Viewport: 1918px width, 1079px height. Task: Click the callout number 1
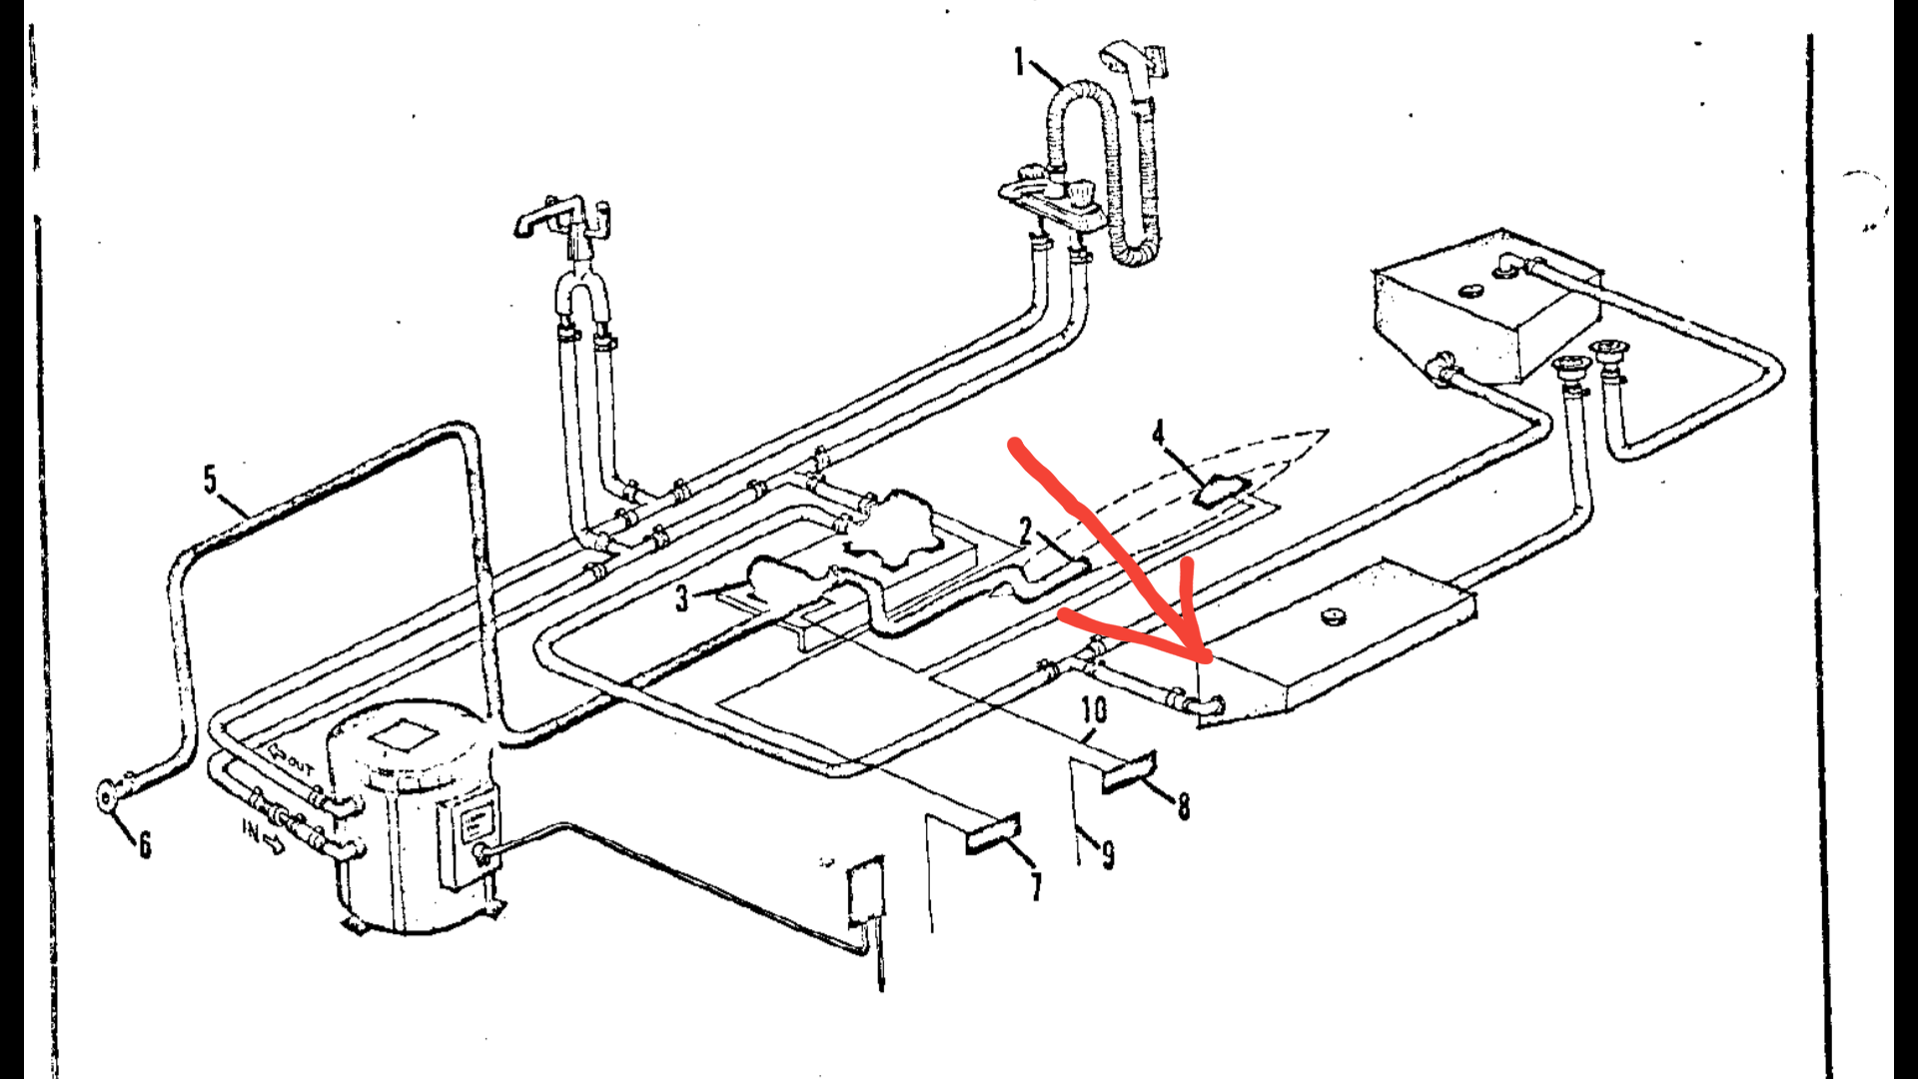1019,63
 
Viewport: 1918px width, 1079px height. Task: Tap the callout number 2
1026,531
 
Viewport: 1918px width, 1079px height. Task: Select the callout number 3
681,597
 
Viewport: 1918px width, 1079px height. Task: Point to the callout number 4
1158,433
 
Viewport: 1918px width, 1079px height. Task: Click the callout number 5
210,480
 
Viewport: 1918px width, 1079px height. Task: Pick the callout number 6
145,845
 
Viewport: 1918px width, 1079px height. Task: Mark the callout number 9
1108,853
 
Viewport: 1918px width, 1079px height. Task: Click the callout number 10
1094,709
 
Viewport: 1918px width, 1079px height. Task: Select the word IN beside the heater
252,828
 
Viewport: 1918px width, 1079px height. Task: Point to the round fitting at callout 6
108,796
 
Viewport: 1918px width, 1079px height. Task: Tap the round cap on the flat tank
1331,615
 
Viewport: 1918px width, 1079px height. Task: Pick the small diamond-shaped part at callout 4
1222,491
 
